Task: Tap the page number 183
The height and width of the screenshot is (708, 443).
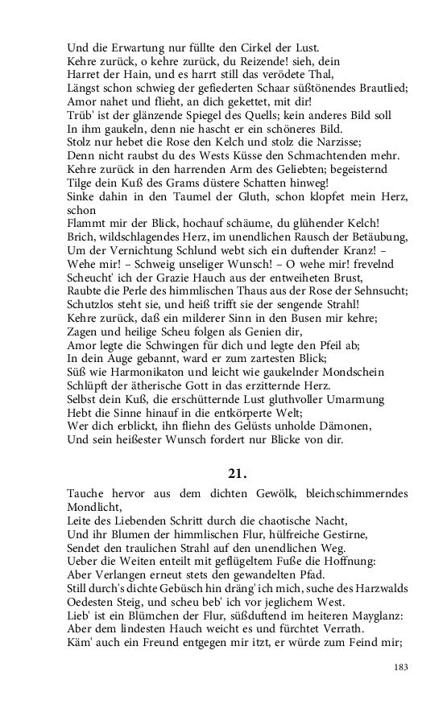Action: [x=401, y=667]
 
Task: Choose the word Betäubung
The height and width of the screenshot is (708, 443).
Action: [x=375, y=237]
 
